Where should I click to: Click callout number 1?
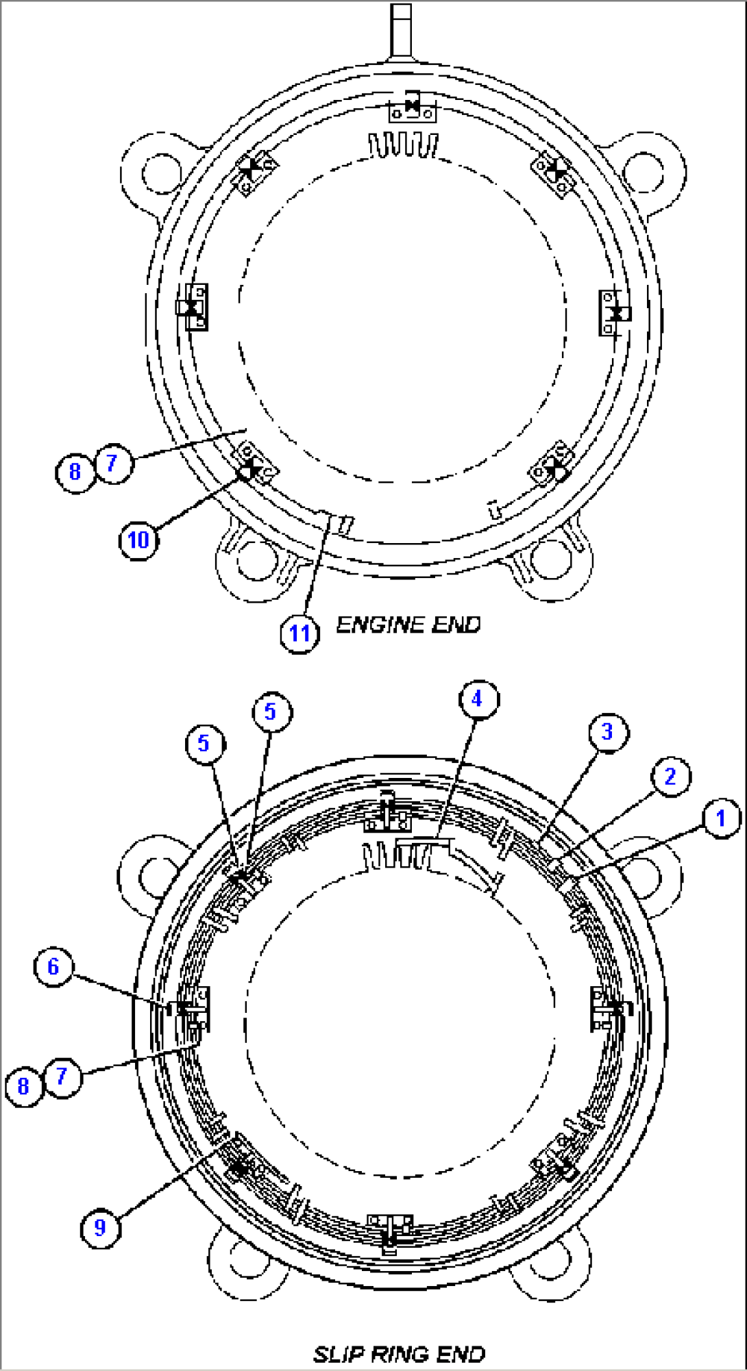(x=720, y=818)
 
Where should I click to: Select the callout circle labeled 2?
(x=670, y=777)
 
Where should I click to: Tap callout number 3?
(x=608, y=731)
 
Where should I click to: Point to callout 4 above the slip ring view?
(x=478, y=699)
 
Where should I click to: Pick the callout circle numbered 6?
(x=53, y=966)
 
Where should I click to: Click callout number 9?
(x=100, y=1227)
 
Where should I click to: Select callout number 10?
(x=138, y=540)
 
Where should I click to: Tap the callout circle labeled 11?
(x=299, y=633)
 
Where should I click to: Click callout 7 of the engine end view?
(x=113, y=464)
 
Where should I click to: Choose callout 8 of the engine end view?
(x=75, y=472)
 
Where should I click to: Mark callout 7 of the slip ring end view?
(x=62, y=1077)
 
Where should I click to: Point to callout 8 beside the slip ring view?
(x=23, y=1085)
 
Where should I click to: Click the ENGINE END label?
(x=408, y=625)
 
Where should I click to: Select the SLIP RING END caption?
(x=400, y=1353)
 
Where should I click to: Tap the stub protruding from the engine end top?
(x=401, y=31)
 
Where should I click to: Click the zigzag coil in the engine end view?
(x=404, y=145)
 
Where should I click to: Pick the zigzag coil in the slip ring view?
(x=397, y=855)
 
